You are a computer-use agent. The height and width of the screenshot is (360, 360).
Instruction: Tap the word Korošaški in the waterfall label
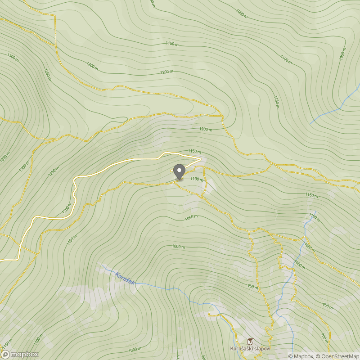[x=243, y=349]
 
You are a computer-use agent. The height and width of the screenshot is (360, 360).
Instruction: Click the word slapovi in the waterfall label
[x=263, y=349]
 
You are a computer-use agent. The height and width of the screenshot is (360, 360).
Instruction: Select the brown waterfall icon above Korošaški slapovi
[x=250, y=341]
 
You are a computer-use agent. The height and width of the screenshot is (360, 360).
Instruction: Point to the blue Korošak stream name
[x=125, y=279]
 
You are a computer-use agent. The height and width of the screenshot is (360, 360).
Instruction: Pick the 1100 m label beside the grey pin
[x=197, y=179]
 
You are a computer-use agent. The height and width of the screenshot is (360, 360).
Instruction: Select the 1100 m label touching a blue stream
[x=314, y=218]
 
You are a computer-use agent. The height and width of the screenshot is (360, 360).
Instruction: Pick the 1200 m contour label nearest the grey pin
[x=206, y=129]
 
